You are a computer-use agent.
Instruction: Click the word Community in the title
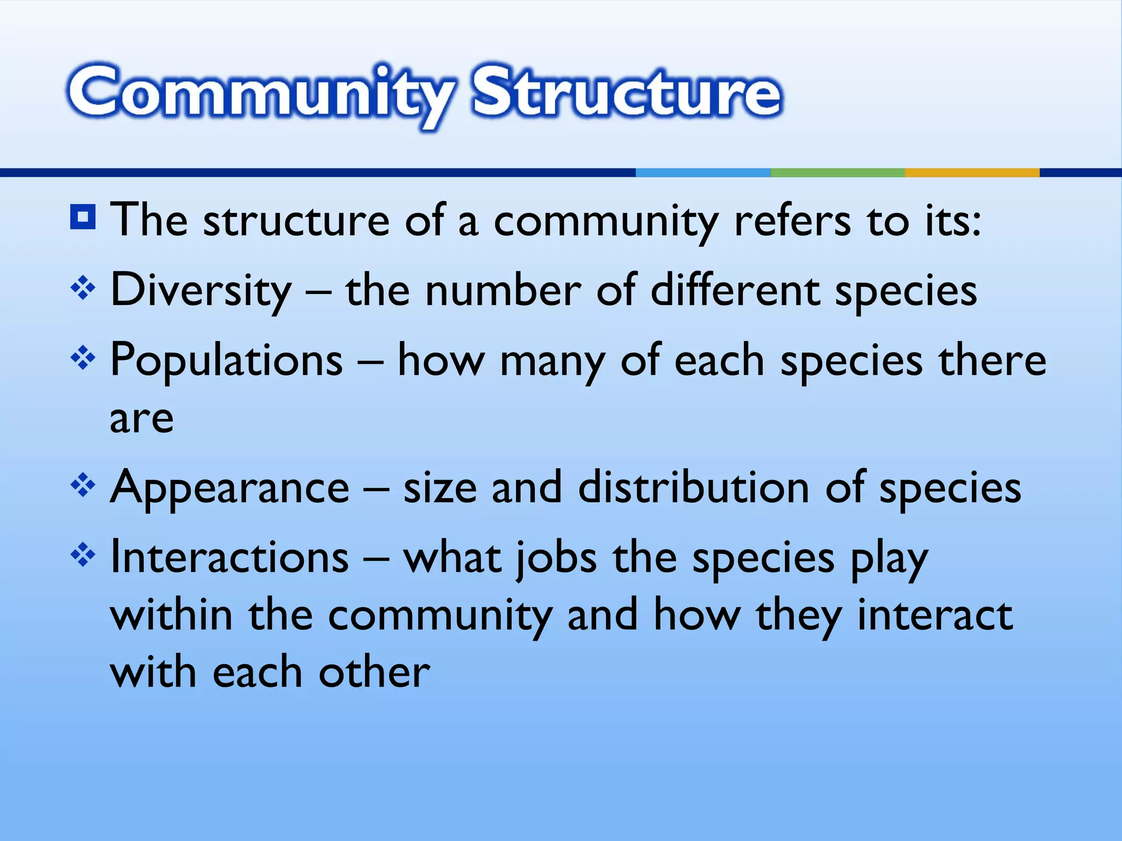(260, 93)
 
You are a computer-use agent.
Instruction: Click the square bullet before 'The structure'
(83, 217)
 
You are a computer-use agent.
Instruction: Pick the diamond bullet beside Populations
(83, 359)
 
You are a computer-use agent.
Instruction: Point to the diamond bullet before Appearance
(83, 485)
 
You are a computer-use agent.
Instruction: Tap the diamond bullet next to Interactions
(83, 556)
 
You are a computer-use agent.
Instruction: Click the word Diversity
(201, 290)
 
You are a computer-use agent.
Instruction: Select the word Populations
(226, 360)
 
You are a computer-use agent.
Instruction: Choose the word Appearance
(230, 487)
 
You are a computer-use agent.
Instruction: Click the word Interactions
(230, 557)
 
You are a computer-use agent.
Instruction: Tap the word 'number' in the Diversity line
(503, 290)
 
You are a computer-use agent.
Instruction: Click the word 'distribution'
(694, 487)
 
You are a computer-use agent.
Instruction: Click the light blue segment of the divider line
(703, 172)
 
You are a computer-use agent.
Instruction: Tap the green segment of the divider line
(837, 172)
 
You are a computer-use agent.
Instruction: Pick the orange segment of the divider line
(972, 172)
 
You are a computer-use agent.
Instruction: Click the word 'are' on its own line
(142, 419)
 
